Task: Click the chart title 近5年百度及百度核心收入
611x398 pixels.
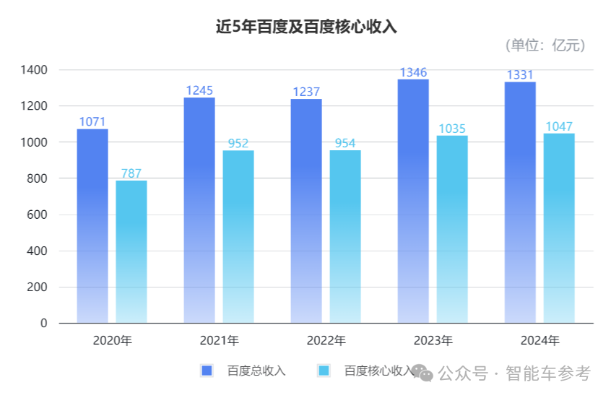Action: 306,27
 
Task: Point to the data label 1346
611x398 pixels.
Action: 413,72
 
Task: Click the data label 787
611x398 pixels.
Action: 131,173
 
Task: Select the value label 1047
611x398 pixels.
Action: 559,126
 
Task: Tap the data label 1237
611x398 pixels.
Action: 306,92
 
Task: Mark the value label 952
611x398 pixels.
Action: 238,143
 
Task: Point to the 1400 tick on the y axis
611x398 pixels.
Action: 34,70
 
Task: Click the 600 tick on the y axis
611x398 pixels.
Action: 37,215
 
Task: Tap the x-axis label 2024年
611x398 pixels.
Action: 539,340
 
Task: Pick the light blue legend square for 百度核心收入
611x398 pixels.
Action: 324,371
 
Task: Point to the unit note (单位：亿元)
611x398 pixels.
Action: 545,45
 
